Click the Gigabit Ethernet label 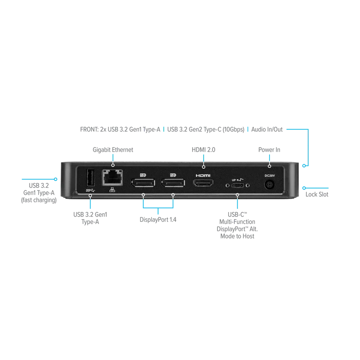pos(113,150)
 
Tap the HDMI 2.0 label pos(203,150)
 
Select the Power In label pos(269,150)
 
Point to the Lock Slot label pos(317,194)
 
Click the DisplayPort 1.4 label pos(158,220)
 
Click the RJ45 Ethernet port pos(112,178)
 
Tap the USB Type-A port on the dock pos(90,178)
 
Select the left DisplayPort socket pos(143,183)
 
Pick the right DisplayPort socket pos(173,183)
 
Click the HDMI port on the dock pos(203,183)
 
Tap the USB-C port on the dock pos(238,185)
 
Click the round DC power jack pos(270,185)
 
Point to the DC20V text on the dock pos(270,175)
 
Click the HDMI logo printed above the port pos(203,175)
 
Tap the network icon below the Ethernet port pos(112,189)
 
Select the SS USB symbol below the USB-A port pos(90,190)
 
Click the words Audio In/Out pos(267,130)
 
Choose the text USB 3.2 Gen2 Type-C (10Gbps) pos(206,130)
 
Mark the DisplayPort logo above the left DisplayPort pos(143,175)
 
